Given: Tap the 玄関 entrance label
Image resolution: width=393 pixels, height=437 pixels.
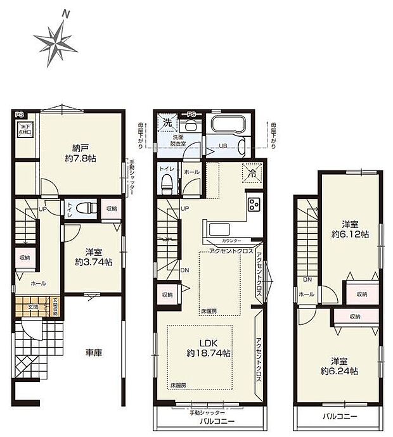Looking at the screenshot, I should coord(34,307).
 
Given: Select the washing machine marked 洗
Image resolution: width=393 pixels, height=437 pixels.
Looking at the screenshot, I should coord(169,122).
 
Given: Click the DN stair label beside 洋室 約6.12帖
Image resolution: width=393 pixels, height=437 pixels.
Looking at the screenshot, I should coord(307,279).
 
